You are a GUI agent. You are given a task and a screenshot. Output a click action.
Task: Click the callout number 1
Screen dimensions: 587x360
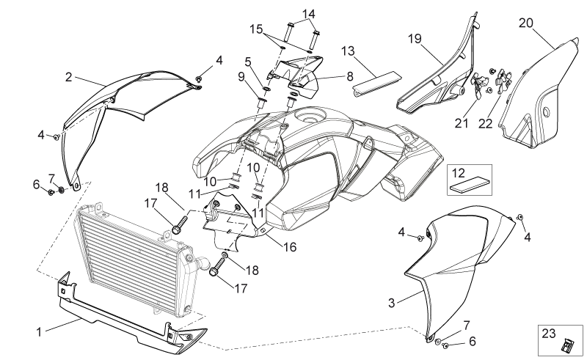pos(39,332)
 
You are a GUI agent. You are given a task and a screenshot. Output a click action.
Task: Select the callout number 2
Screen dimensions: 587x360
pos(68,77)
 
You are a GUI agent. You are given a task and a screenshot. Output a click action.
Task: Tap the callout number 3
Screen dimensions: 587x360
pos(392,303)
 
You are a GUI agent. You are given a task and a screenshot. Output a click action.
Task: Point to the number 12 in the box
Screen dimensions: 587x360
pos(458,173)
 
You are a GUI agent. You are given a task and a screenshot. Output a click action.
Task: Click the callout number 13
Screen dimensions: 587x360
pos(348,51)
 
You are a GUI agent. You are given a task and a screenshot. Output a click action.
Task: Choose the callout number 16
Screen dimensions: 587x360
pos(290,247)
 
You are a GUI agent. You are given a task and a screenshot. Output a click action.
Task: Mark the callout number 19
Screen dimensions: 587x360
pos(415,39)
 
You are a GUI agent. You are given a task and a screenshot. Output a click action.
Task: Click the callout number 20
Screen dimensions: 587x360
pos(525,23)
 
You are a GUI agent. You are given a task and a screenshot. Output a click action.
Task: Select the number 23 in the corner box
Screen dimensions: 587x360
pos(548,333)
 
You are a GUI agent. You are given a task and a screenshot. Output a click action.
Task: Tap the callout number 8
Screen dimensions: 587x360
pos(350,77)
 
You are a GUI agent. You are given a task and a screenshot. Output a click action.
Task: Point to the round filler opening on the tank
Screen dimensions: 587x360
pos(309,116)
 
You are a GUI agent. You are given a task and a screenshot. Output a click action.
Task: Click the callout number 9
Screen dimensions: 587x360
pos(241,77)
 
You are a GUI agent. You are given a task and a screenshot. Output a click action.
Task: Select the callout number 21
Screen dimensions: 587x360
pos(462,122)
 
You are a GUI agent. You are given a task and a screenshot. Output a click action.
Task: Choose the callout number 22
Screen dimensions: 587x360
pos(485,123)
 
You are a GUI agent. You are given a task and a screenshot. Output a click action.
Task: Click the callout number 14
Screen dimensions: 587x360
pos(308,14)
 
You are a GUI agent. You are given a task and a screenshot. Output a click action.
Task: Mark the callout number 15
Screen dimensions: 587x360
pos(256,29)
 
